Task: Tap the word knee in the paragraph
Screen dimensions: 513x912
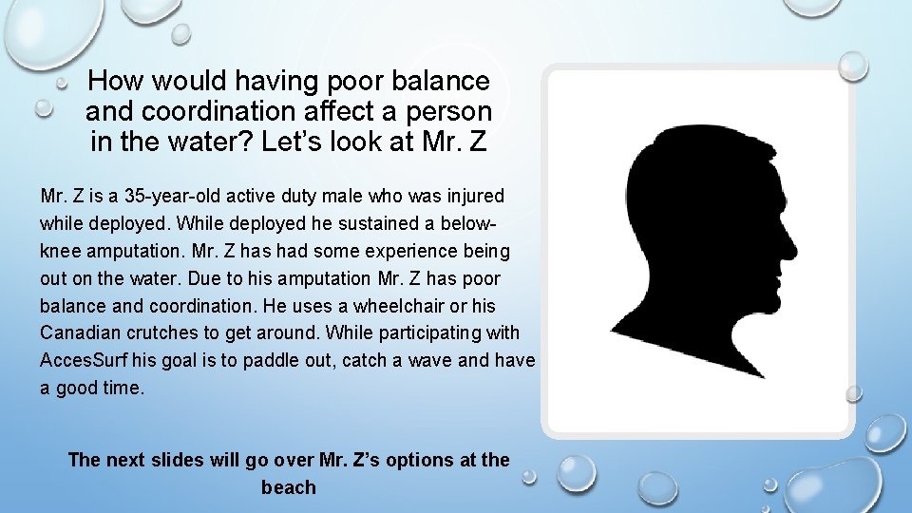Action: (x=61, y=252)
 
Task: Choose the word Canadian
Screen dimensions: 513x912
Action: (x=80, y=333)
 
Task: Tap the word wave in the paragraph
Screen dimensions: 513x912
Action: (x=432, y=361)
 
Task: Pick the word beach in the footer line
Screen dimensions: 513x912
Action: (x=288, y=487)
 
